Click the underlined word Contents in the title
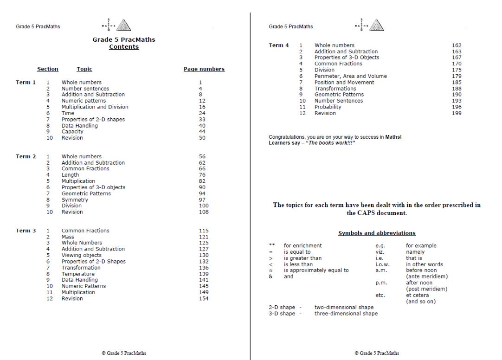124,47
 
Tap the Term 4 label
278,45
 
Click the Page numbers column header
204,69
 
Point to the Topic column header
84,69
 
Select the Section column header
48,69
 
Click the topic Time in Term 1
68,113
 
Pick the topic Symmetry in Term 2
75,200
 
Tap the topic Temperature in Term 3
77,274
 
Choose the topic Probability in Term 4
328,107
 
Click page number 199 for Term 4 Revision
457,113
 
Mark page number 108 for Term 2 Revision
204,212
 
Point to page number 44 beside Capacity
202,132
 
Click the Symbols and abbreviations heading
377,233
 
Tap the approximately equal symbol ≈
271,270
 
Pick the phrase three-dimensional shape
346,314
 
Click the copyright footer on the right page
376,353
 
